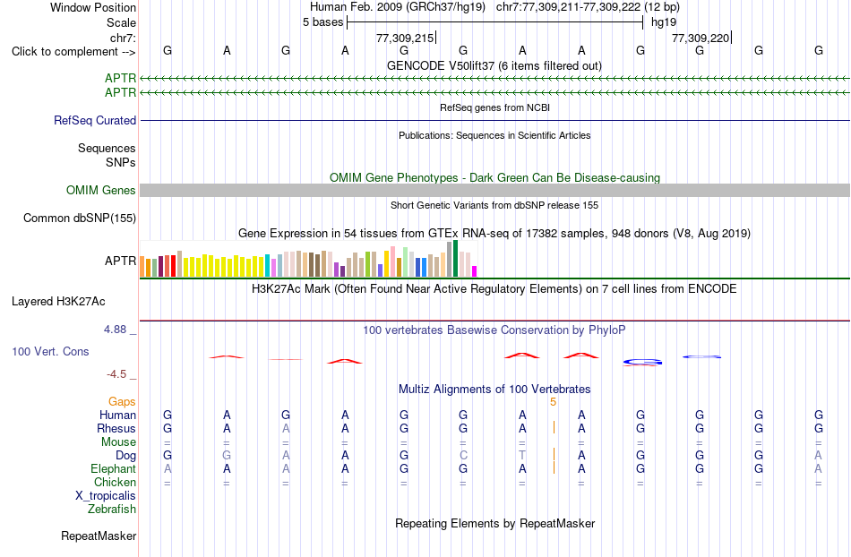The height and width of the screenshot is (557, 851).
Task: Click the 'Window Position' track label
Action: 93,7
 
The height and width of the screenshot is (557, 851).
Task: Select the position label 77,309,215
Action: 405,38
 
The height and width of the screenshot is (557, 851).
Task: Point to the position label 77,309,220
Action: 701,38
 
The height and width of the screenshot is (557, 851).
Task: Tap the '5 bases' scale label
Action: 322,22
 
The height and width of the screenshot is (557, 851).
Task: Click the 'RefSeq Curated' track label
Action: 95,120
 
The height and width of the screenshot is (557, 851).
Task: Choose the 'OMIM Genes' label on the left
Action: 101,191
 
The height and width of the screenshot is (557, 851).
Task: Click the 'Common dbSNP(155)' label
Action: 80,218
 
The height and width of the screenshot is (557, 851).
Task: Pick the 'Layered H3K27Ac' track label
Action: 58,302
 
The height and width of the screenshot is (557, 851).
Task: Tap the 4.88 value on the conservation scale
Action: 115,330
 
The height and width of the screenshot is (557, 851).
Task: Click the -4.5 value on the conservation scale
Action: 116,374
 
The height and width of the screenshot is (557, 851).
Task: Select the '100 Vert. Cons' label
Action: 50,351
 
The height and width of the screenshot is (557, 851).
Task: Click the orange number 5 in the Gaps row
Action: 553,402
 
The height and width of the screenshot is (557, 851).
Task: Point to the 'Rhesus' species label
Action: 116,428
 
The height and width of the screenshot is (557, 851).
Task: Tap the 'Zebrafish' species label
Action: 112,510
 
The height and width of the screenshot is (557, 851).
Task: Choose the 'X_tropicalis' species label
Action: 106,496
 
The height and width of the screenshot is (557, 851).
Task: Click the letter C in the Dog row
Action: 463,456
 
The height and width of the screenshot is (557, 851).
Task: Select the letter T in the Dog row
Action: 522,456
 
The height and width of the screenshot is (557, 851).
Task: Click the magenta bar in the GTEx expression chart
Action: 475,271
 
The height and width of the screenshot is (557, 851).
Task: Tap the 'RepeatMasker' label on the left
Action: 99,536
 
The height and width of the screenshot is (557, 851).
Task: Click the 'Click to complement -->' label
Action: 73,52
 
